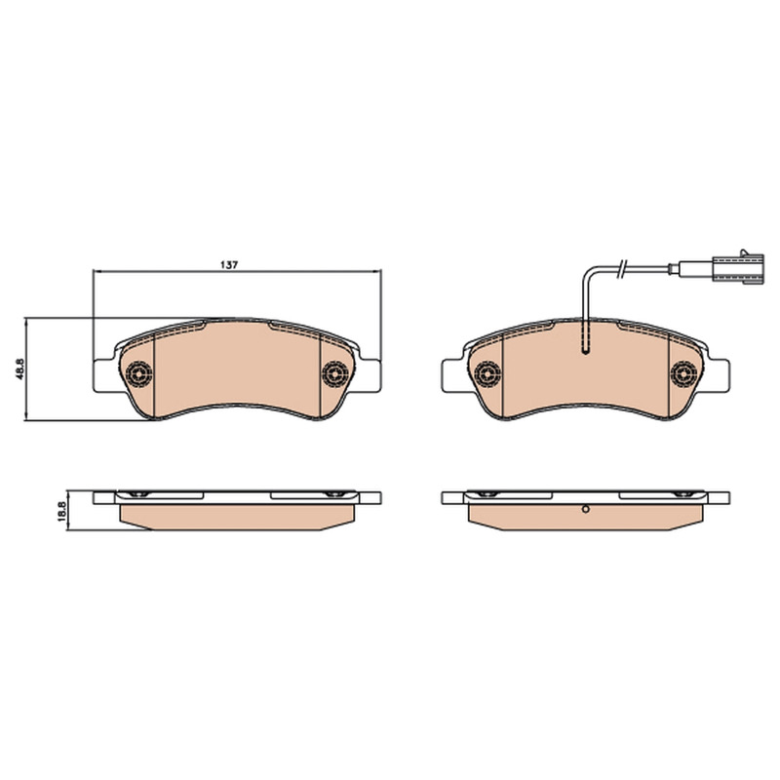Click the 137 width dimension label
coord(230,264)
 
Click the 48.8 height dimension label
coord(19,370)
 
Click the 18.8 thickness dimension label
coord(61,511)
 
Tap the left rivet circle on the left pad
coord(138,373)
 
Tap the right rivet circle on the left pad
coord(334,373)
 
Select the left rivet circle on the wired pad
coord(487,373)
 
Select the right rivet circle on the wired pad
coord(683,373)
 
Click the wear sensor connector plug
coord(738,269)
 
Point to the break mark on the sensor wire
coord(622,269)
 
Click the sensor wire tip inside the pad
coord(586,352)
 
